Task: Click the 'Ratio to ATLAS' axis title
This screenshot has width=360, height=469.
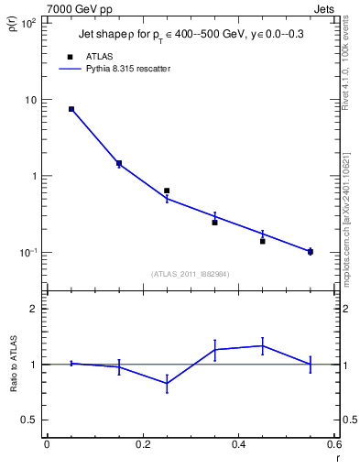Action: pos(14,386)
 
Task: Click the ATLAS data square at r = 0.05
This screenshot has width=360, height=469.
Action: pos(71,109)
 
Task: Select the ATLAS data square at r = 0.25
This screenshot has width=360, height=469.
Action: pos(167,191)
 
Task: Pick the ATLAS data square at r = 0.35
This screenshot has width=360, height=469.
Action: pos(214,223)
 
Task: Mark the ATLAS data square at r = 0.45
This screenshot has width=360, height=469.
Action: pos(262,241)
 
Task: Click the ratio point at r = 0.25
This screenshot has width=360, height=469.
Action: pos(167,383)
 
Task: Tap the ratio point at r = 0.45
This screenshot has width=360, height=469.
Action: pos(262,345)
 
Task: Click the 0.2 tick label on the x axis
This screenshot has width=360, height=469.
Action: pos(142,445)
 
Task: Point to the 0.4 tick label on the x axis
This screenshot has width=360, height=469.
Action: pos(238,445)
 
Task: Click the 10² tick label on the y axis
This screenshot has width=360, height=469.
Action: pos(27,23)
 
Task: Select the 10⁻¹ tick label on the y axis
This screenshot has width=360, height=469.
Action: pos(27,253)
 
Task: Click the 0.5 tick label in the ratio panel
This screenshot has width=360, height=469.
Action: pos(28,420)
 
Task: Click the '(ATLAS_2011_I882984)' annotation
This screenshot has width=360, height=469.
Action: pos(191,273)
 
